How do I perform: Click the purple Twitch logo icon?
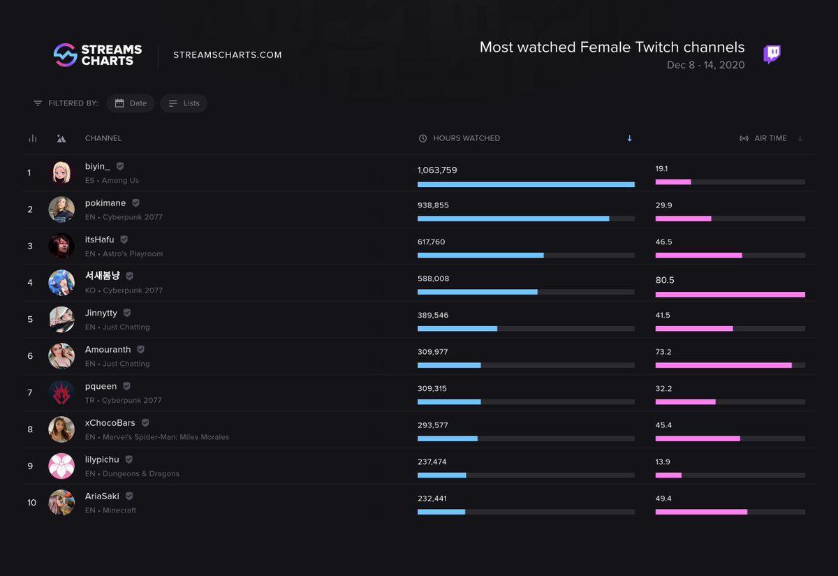coord(772,54)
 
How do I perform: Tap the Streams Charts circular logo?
coord(65,55)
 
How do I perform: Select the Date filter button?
coord(131,103)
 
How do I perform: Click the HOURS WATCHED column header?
coord(466,138)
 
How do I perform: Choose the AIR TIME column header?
coord(770,138)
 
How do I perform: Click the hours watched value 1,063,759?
coord(437,170)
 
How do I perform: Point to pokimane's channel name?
coord(105,203)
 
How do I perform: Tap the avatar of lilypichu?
coord(61,466)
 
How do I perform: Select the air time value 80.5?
coord(664,280)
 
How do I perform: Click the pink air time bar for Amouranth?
coord(723,365)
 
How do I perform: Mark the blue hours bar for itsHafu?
coord(480,256)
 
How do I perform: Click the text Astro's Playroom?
coord(133,254)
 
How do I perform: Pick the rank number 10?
coord(31,503)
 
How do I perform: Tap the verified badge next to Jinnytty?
coord(126,313)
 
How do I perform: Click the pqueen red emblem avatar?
coord(61,392)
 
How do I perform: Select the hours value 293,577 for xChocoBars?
coord(432,425)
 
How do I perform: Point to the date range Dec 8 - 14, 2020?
coord(705,66)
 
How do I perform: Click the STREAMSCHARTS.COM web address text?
coord(228,55)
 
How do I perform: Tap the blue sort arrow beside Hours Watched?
coord(629,138)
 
